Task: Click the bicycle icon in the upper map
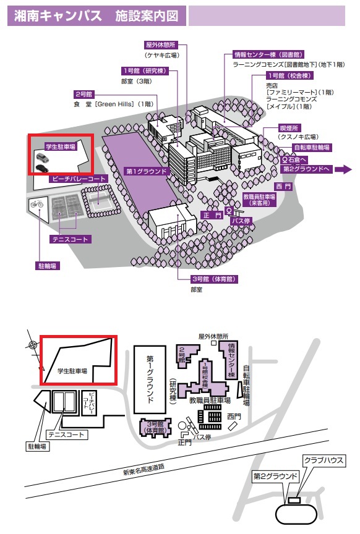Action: [x=37, y=204]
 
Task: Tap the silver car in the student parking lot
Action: [x=42, y=158]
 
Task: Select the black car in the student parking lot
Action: [x=41, y=168]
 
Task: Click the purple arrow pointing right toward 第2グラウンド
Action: [x=343, y=169]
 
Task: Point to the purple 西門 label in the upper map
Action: [x=284, y=186]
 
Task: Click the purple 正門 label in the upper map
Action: [x=212, y=215]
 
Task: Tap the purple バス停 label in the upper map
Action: [x=241, y=221]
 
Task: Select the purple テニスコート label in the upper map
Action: [x=71, y=239]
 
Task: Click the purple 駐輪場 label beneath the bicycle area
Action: [x=48, y=266]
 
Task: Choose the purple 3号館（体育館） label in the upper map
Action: [x=214, y=279]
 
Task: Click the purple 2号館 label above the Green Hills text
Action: [x=84, y=94]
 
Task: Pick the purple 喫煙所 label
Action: [x=289, y=128]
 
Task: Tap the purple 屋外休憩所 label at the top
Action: [x=161, y=44]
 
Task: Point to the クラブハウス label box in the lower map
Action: [x=324, y=460]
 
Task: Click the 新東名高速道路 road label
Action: [x=144, y=469]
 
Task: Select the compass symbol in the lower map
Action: [x=33, y=345]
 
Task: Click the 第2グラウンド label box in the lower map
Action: [x=275, y=476]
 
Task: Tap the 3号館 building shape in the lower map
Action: [x=155, y=427]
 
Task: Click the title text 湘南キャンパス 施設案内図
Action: [x=96, y=16]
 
